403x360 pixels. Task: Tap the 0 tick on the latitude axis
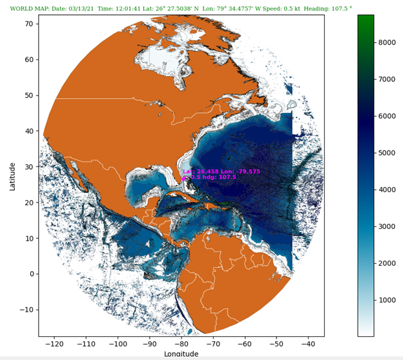[31, 274]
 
